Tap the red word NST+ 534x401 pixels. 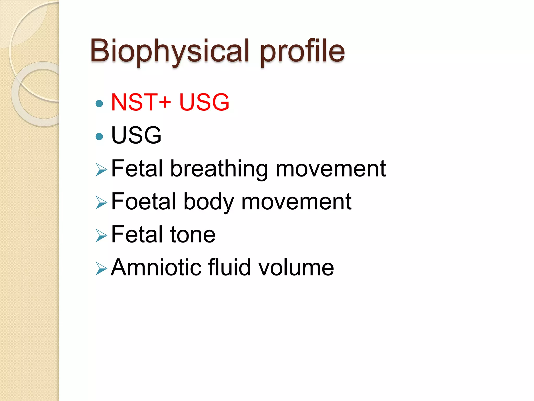coord(141,102)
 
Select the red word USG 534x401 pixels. coord(204,102)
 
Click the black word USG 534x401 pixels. coord(136,135)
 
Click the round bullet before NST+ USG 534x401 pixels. coord(99,104)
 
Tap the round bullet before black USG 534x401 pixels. coord(99,137)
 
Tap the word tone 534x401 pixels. coord(193,235)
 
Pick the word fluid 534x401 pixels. coord(229,267)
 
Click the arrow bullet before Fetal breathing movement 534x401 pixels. coord(101,170)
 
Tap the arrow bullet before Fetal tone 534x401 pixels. coord(101,235)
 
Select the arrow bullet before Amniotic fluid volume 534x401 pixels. coord(101,269)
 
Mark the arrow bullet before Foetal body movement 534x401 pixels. coord(101,203)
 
